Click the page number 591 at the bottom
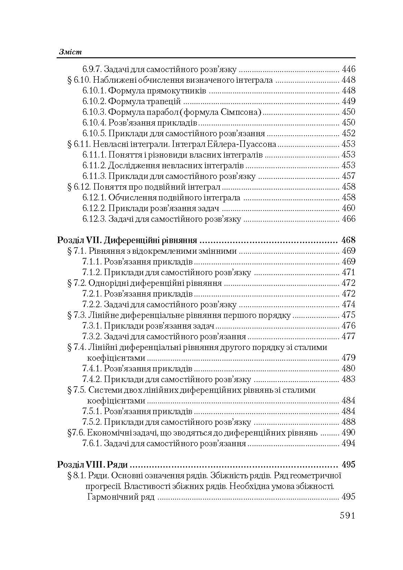click(347, 516)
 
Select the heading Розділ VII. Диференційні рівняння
click(127, 240)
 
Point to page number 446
click(348, 69)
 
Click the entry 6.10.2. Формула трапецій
click(132, 101)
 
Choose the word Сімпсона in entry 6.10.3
click(246, 112)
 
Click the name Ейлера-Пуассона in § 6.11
click(247, 144)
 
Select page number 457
click(348, 176)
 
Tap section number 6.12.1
click(94, 198)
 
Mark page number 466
click(348, 219)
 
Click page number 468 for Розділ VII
click(348, 240)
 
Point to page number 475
click(348, 315)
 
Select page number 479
click(348, 358)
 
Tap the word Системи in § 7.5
click(103, 390)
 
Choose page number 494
click(348, 443)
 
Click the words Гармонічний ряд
click(121, 497)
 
